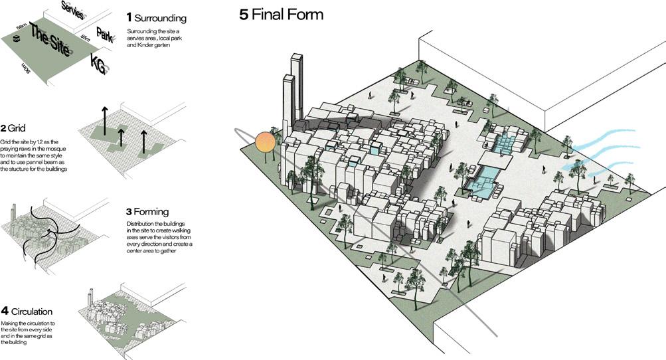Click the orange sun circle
(265, 143)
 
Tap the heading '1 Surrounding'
(156, 18)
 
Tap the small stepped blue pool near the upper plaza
(505, 143)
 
